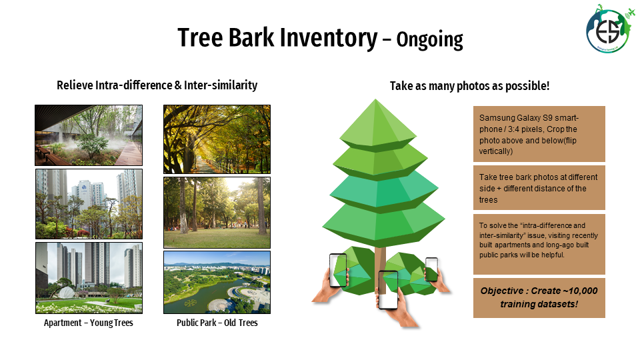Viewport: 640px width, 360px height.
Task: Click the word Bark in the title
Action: (x=251, y=37)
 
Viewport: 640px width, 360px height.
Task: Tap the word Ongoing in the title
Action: (x=430, y=40)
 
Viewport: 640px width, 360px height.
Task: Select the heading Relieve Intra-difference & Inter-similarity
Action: (x=157, y=85)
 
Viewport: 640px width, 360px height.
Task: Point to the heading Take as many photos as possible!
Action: (x=469, y=86)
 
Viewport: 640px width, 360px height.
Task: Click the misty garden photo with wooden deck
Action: (x=89, y=135)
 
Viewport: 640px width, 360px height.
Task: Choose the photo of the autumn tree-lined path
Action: (x=217, y=139)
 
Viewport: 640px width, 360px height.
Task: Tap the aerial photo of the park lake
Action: (x=217, y=283)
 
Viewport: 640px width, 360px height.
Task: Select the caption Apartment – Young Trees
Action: (x=89, y=323)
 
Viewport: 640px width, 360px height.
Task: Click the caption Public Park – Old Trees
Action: (x=217, y=323)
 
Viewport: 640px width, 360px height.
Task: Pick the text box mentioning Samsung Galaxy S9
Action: (x=539, y=134)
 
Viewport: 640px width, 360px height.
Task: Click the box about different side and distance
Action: (x=539, y=188)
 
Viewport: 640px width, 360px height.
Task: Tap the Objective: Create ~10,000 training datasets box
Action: (x=539, y=298)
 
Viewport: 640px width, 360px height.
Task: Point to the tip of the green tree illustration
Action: (x=375, y=99)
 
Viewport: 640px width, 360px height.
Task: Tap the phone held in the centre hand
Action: (x=388, y=290)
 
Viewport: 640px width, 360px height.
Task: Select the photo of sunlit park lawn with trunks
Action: (x=217, y=213)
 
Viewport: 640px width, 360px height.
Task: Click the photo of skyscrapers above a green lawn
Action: (x=89, y=278)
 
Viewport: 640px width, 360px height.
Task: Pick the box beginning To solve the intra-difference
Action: (x=539, y=244)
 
